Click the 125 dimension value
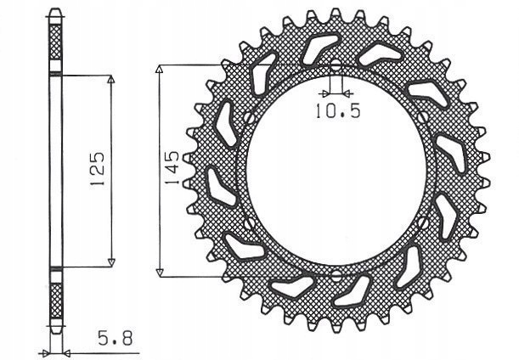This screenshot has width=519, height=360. [x=96, y=169]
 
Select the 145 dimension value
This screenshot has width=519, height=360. [x=172, y=169]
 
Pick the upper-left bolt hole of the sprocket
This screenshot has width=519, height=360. [x=246, y=117]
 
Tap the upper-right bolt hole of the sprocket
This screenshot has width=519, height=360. [x=423, y=117]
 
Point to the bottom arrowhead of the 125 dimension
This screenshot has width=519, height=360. [x=111, y=262]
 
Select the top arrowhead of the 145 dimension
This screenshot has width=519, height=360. [x=159, y=69]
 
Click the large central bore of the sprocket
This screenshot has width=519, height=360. [x=335, y=171]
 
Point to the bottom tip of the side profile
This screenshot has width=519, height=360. [x=57, y=332]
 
